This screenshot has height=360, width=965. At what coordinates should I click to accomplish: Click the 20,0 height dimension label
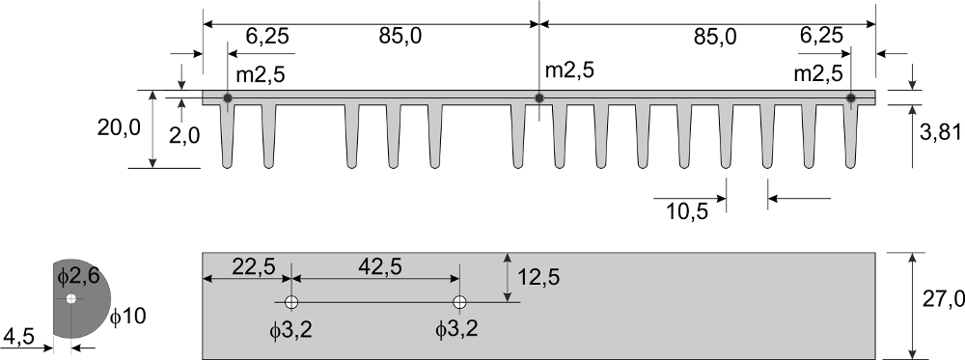(119, 128)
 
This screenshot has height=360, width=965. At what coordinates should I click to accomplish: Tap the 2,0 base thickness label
(184, 135)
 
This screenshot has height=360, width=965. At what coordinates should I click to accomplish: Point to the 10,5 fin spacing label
(687, 211)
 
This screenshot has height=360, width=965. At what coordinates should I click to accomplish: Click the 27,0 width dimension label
(943, 299)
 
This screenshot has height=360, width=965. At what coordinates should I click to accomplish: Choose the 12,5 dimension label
(538, 278)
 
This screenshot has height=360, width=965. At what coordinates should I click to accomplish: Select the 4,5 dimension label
(18, 337)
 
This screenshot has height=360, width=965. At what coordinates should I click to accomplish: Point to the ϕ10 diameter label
(128, 317)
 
